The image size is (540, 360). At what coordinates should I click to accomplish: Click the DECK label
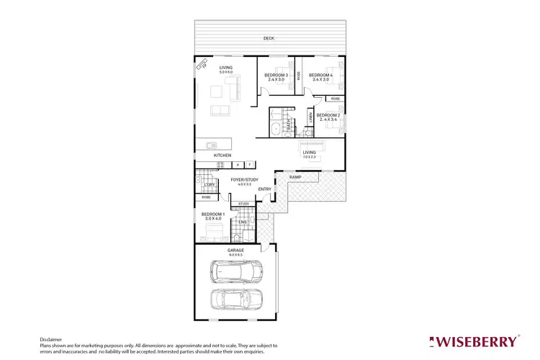269,38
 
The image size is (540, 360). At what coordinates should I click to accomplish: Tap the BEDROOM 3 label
276,75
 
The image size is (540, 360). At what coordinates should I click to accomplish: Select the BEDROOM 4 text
320,75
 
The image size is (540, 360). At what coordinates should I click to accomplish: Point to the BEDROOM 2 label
328,115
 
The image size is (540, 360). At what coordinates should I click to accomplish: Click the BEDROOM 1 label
212,215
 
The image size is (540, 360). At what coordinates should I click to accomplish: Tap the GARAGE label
236,250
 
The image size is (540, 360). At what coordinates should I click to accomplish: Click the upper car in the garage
237,271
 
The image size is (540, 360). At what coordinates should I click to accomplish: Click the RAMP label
295,177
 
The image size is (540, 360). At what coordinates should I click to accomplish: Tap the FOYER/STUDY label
244,179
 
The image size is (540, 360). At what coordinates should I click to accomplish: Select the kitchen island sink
204,145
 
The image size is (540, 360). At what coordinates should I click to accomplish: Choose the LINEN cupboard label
310,117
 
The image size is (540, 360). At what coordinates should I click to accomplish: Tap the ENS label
243,222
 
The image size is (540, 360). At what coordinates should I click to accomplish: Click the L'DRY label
210,185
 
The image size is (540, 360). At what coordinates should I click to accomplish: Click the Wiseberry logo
473,341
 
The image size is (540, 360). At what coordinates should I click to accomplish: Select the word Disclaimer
52,339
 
